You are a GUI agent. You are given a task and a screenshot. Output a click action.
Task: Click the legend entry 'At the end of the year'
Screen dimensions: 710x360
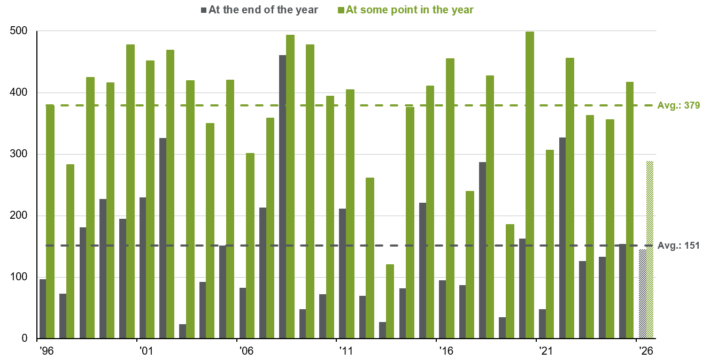click(x=263, y=10)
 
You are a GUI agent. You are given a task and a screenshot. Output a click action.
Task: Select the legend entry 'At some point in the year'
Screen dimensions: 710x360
click(x=410, y=10)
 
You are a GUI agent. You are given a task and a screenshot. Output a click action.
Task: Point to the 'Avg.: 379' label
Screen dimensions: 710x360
click(x=678, y=105)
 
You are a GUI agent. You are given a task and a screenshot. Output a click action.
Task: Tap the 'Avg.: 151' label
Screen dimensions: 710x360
click(x=678, y=246)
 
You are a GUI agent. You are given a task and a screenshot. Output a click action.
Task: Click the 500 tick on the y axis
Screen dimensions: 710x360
click(x=19, y=31)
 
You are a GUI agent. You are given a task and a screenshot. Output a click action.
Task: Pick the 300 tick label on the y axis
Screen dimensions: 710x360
click(x=19, y=154)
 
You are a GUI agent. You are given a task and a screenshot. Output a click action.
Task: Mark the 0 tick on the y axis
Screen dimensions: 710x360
click(x=25, y=339)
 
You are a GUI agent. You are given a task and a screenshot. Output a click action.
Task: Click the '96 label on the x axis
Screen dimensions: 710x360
click(x=47, y=351)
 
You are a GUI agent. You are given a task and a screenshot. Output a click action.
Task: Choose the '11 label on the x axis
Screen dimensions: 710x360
click(x=346, y=351)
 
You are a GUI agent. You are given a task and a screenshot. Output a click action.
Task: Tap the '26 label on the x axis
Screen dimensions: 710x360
click(x=646, y=351)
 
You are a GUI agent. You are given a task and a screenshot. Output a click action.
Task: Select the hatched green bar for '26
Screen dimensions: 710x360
click(x=650, y=250)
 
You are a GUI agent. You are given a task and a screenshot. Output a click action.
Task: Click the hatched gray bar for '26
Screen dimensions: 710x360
click(x=643, y=294)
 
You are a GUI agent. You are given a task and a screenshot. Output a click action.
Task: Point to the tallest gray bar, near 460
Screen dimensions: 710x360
click(x=282, y=197)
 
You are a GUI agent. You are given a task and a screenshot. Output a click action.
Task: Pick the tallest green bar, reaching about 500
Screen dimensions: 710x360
click(x=530, y=185)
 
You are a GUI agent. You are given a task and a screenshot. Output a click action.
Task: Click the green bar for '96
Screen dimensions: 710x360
click(x=50, y=221)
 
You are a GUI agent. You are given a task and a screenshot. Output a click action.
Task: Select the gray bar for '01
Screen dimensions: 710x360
click(x=143, y=268)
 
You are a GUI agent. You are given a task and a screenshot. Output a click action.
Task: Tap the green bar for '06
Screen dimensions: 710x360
click(x=250, y=246)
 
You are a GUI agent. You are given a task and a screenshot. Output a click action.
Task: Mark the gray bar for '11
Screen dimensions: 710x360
click(x=342, y=273)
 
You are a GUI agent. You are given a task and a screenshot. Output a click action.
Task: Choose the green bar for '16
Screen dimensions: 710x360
click(x=450, y=198)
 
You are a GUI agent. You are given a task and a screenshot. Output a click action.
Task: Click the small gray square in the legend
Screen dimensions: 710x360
click(x=204, y=11)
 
